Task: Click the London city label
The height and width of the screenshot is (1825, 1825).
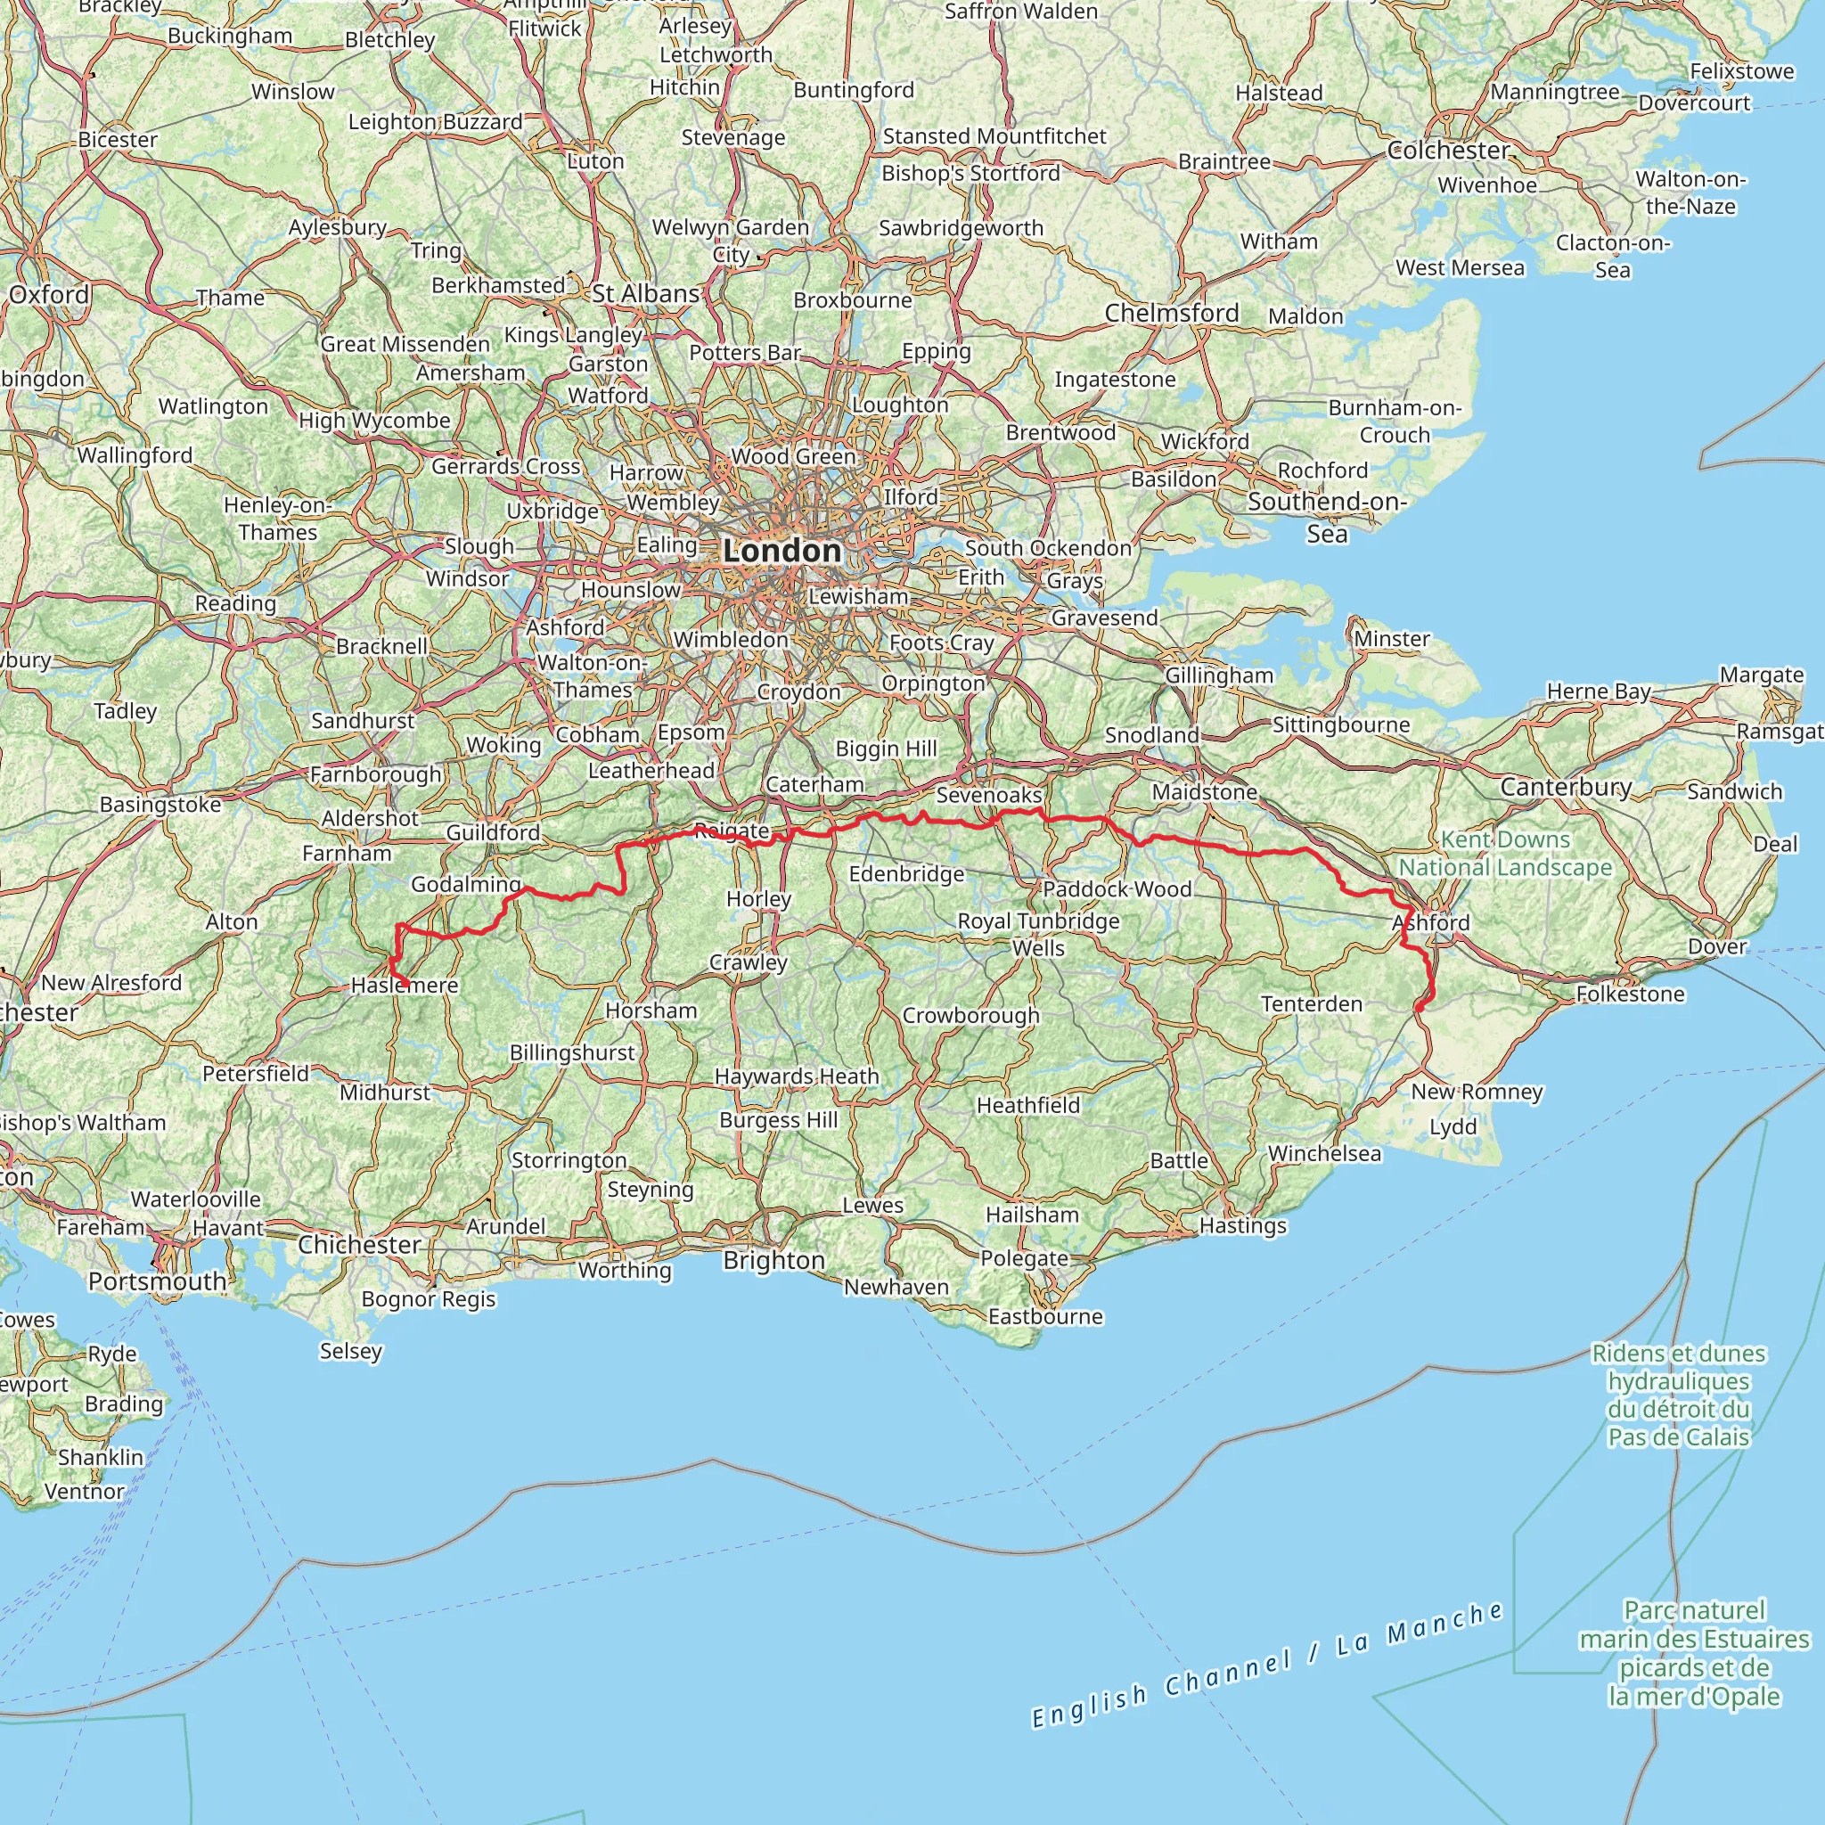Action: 782,551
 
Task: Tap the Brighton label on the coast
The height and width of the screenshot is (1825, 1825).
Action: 773,1260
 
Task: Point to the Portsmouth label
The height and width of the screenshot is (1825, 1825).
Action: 157,1281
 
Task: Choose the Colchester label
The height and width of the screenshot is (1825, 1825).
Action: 1449,151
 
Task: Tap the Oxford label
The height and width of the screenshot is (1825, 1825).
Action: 49,295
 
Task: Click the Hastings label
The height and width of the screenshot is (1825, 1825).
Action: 1242,1225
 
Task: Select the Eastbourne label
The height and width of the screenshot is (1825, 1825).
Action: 1044,1316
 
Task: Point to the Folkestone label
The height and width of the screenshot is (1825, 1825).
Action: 1630,994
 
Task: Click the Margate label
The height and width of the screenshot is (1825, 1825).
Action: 1761,675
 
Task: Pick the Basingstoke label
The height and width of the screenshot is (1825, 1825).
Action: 160,805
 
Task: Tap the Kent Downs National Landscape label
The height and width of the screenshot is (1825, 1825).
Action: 1505,853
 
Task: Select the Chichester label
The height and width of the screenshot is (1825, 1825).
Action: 359,1244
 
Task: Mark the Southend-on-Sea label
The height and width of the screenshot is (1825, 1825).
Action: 1327,517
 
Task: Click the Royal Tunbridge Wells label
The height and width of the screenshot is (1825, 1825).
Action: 1038,934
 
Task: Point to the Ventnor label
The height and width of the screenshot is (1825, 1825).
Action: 84,1492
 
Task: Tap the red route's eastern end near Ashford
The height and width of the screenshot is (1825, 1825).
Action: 1419,1009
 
